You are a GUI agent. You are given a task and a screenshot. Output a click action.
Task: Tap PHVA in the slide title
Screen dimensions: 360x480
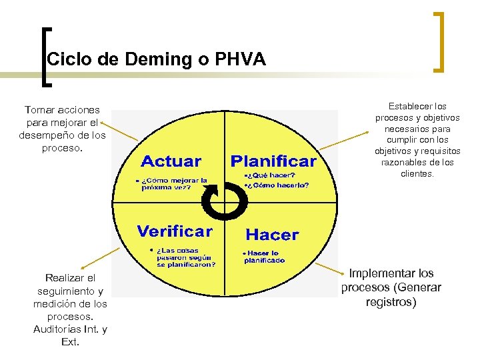coord(240,59)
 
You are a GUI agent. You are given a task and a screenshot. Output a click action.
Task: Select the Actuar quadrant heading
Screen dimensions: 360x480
coord(171,161)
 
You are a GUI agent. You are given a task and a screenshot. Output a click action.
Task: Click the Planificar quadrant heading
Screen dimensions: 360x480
coord(273,161)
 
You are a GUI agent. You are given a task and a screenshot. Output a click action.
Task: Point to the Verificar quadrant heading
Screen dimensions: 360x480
coord(175,231)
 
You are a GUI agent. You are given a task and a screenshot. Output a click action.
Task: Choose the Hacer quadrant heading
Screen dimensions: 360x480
coord(273,234)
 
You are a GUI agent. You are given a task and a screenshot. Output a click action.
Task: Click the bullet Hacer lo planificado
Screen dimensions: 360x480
coord(264,257)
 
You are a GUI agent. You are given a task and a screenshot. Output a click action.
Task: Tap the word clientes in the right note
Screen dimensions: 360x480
coord(417,174)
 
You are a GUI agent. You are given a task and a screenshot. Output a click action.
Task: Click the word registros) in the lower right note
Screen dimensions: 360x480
coord(391,302)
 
